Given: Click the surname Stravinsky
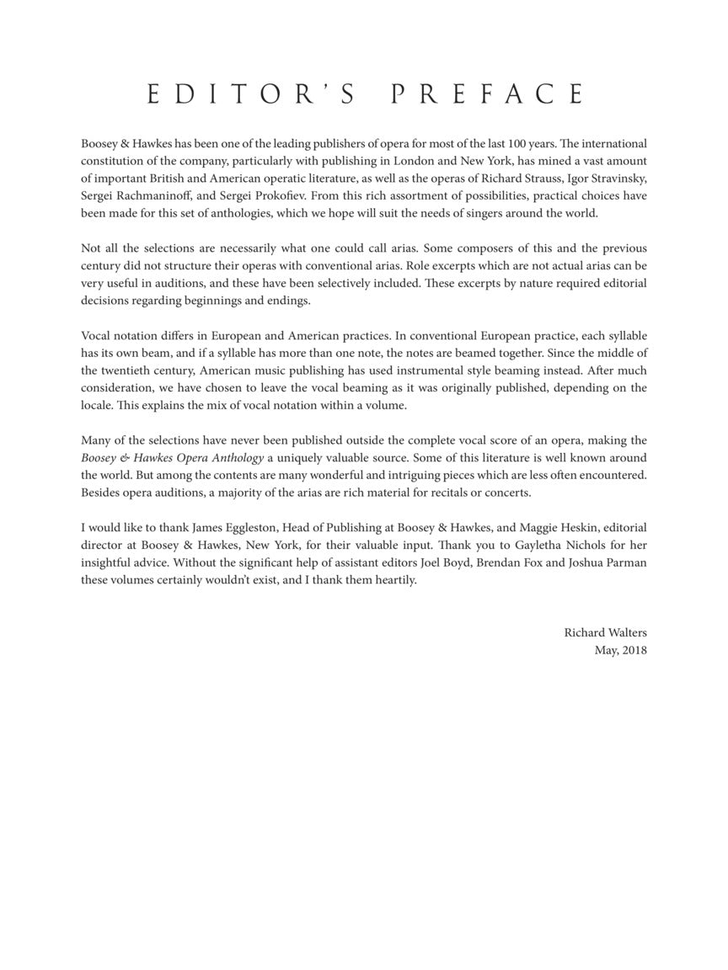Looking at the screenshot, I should tap(618, 179).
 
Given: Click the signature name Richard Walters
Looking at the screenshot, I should tap(605, 632).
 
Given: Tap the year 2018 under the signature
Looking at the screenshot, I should tap(634, 650).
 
